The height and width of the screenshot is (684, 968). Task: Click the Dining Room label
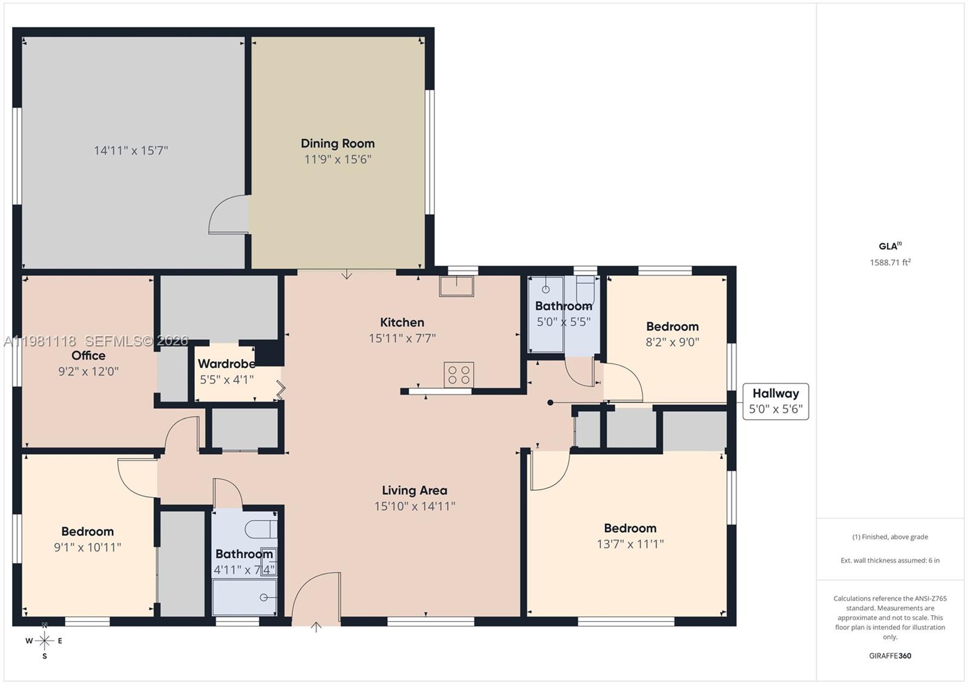[338, 143]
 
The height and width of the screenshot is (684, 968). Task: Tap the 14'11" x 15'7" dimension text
[131, 151]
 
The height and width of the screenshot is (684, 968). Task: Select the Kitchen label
[402, 322]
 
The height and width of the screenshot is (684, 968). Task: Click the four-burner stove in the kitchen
[459, 374]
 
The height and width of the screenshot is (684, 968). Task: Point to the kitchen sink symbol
[457, 285]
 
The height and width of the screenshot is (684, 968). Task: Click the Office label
[88, 356]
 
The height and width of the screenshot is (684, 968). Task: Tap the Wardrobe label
[226, 363]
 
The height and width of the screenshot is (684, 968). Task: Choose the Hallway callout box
[776, 401]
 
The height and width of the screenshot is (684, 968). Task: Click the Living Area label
[414, 490]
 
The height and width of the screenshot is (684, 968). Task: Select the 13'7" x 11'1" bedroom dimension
[630, 544]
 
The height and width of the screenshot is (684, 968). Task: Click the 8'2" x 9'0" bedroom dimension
[672, 342]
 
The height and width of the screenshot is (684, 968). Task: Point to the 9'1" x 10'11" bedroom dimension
[87, 547]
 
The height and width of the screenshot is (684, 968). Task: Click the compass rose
[44, 640]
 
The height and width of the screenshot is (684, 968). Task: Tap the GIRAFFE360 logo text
[890, 656]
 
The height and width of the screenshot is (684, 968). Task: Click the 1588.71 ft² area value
[890, 262]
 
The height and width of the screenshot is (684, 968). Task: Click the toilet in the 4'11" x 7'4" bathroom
[260, 528]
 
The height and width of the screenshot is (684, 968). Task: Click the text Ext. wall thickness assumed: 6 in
[890, 561]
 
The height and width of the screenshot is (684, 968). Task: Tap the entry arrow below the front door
[316, 627]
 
